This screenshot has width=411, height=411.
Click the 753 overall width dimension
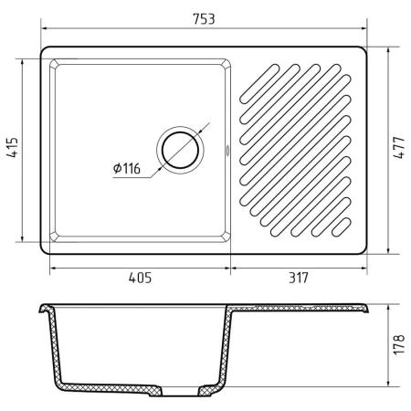204,19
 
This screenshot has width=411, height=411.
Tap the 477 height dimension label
399,148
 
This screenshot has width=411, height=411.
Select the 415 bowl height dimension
13,148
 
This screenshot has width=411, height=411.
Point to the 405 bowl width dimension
140,278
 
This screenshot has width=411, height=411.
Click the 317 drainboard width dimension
299,278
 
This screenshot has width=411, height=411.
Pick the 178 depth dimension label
399,344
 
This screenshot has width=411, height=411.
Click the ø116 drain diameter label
127,168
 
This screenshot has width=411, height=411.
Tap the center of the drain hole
181,150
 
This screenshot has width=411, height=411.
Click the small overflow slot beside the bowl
227,150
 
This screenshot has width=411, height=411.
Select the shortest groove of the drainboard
342,227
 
